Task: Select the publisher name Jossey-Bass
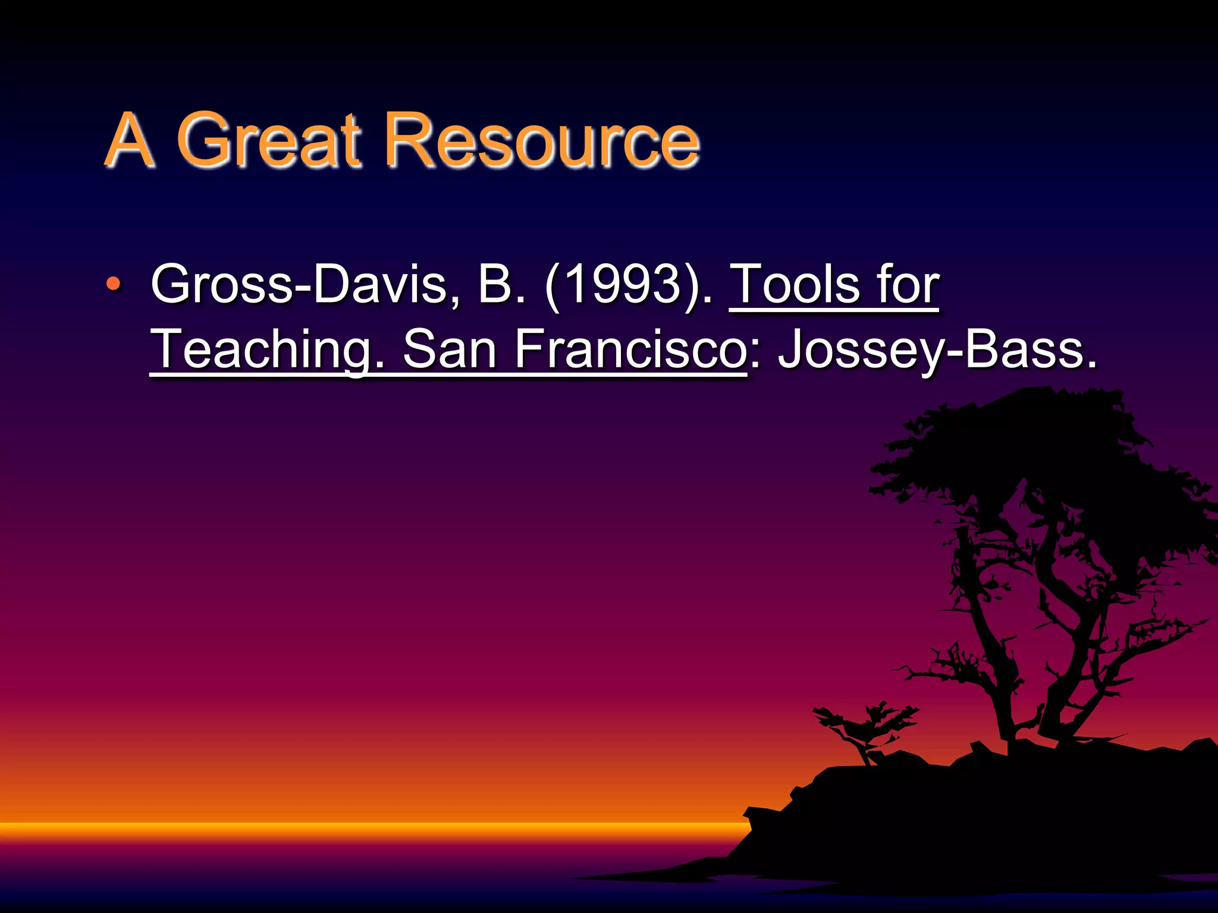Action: pos(937,351)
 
